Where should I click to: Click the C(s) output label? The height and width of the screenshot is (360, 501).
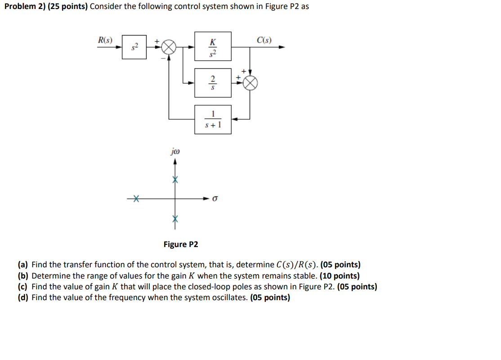point(264,40)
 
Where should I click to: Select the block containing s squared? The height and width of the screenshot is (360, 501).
point(134,47)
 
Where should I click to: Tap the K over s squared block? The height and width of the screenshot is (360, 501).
point(213,46)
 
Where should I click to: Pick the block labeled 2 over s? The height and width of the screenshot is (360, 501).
point(213,82)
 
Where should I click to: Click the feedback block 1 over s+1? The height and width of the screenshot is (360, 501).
point(213,119)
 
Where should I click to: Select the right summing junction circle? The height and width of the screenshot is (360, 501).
point(250,82)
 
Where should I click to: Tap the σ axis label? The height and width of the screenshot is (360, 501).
point(215,198)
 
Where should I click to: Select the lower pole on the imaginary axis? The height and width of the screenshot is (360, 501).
point(175,218)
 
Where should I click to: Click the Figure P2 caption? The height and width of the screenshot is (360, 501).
point(180,244)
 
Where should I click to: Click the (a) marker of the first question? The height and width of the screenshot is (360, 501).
point(23,265)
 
